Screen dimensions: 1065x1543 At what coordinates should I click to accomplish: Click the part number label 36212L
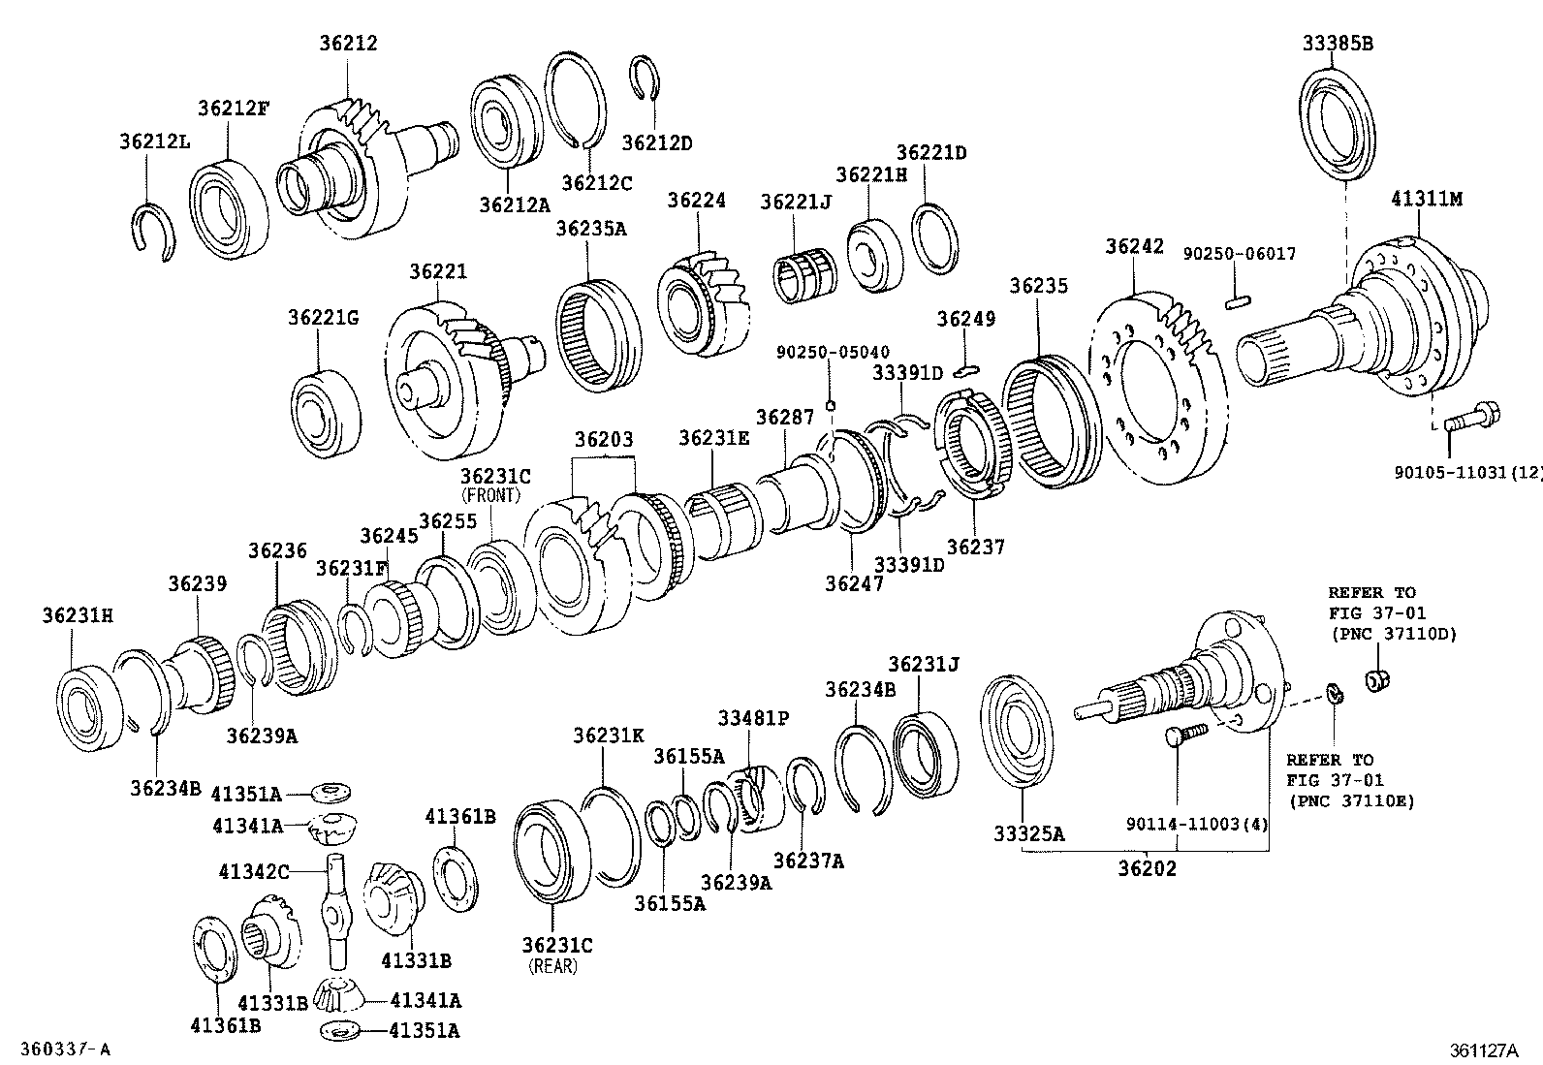click(x=154, y=141)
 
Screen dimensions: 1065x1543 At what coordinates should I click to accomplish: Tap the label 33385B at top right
click(x=1338, y=43)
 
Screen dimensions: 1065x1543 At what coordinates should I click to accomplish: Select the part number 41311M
click(x=1426, y=200)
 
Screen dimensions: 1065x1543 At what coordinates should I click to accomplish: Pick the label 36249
click(x=965, y=318)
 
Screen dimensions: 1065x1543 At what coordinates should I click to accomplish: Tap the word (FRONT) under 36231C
click(x=491, y=495)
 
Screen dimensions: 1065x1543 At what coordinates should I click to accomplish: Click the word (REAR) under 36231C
click(x=552, y=966)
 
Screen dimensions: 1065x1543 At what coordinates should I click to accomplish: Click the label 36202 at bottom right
click(x=1147, y=868)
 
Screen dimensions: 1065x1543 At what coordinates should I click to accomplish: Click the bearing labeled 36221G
click(x=326, y=412)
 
